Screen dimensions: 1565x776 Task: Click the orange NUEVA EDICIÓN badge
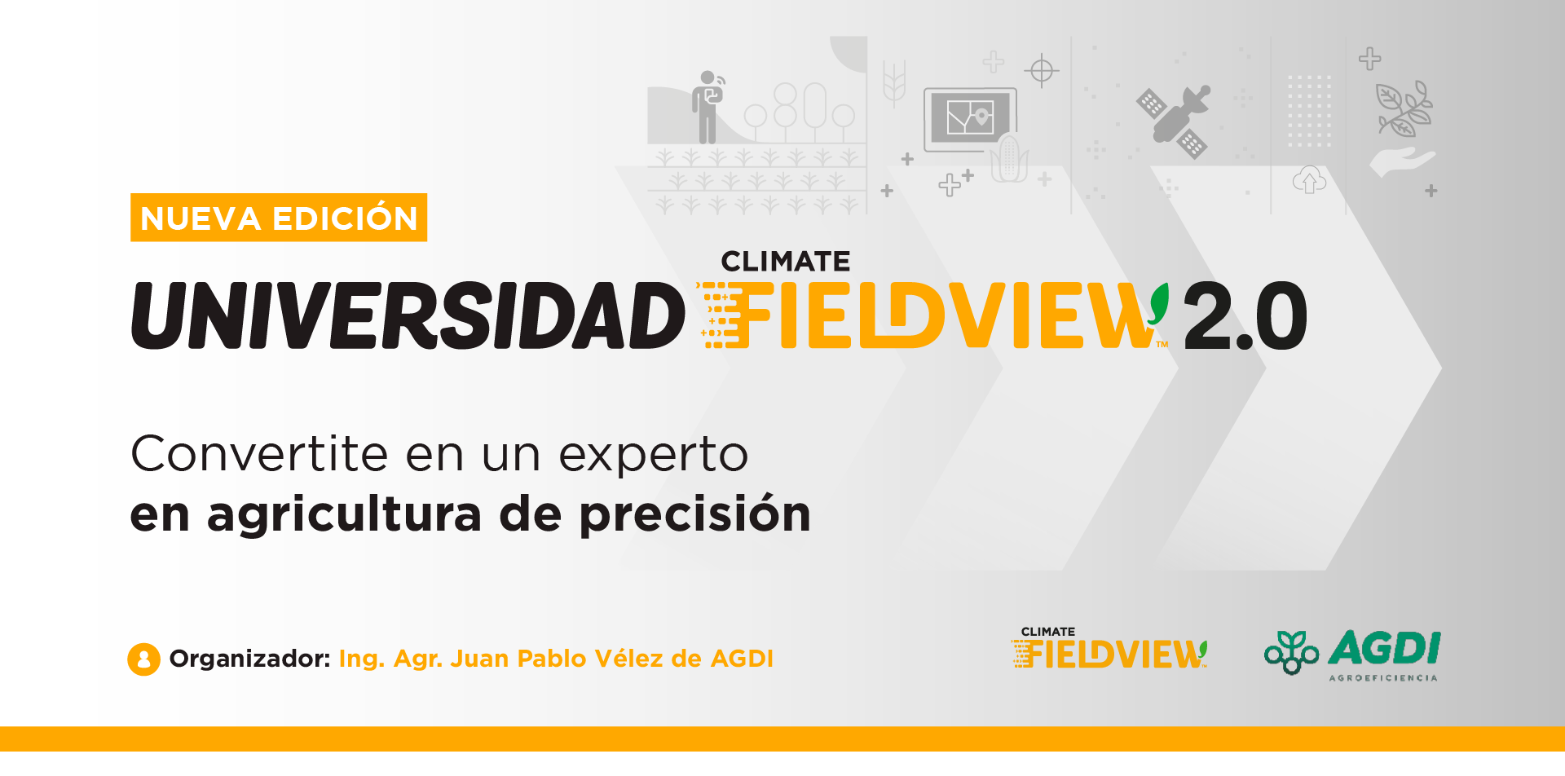(279, 218)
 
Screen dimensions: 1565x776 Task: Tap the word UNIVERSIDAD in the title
(408, 316)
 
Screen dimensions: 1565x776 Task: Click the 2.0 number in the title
(1245, 316)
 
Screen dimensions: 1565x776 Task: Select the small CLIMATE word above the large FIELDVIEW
(786, 262)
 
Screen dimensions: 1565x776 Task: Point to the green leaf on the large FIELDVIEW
(1158, 303)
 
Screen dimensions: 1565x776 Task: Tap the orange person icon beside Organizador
(143, 659)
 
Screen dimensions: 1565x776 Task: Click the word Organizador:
(249, 659)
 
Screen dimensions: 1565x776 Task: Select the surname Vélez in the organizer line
(628, 659)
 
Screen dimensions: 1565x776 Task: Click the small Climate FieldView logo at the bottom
(1109, 648)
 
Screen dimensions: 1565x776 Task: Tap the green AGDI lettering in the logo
(1385, 649)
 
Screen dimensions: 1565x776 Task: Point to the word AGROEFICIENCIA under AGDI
(1383, 678)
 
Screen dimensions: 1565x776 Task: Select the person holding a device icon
(708, 107)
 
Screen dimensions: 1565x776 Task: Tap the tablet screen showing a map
(970, 118)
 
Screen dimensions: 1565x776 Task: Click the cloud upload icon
(1309, 179)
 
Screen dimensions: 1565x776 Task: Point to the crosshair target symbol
(1042, 71)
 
